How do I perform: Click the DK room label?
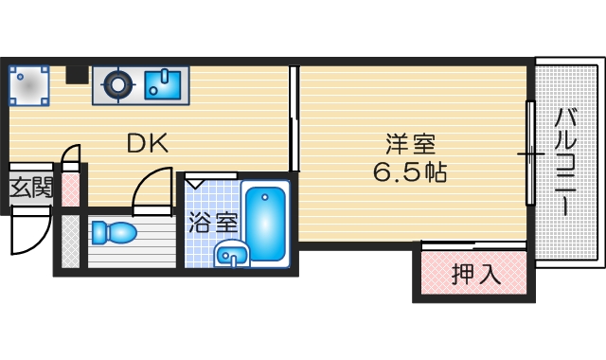point(148,144)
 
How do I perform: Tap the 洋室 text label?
point(409,145)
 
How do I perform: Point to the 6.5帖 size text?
point(409,173)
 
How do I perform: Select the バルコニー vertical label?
point(564,161)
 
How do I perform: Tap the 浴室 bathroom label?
point(212,224)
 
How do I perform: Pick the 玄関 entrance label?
point(31,188)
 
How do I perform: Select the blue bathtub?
point(265,224)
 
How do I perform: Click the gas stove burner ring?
point(117,85)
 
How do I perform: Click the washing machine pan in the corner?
point(28,85)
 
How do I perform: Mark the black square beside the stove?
point(77,74)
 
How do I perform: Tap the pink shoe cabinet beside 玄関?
point(69,186)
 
